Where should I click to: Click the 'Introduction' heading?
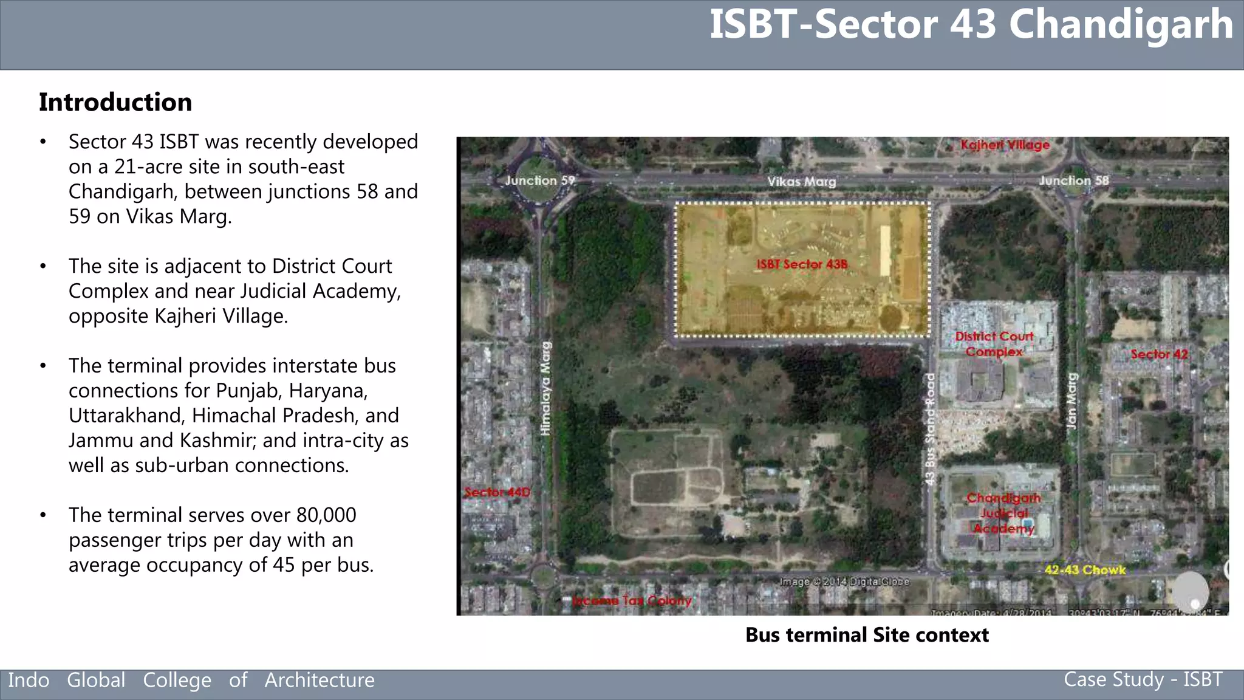[115, 102]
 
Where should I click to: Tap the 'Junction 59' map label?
[539, 180]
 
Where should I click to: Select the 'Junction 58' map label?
[1073, 180]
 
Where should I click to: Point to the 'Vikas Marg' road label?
[801, 182]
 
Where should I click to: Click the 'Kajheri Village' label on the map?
[1005, 145]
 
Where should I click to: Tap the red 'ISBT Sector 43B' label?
[801, 264]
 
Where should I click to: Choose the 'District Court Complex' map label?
[994, 344]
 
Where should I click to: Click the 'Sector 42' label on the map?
[1158, 354]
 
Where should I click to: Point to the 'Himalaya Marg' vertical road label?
[546, 388]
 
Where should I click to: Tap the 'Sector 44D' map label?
[497, 492]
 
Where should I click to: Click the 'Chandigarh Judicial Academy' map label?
[1003, 513]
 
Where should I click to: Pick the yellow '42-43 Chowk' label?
[1085, 570]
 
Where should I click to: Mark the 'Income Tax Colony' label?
[632, 601]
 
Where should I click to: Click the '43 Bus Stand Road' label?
[930, 429]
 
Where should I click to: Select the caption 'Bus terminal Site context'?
[867, 635]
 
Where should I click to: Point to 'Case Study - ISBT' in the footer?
[1143, 679]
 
